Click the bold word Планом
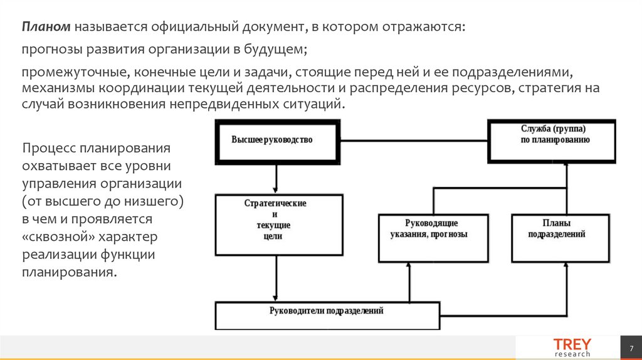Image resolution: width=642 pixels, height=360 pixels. pos(47,27)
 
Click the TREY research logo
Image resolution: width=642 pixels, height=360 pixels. pos(571,347)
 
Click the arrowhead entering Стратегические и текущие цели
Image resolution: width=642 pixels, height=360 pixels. pos(276,190)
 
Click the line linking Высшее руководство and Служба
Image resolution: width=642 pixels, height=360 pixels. pos(414,140)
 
